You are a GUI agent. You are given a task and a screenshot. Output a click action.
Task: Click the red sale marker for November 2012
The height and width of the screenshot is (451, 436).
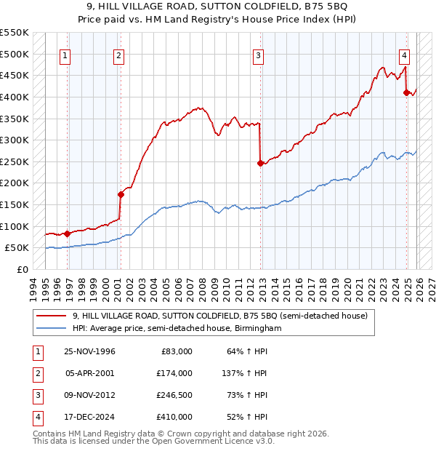click(260, 164)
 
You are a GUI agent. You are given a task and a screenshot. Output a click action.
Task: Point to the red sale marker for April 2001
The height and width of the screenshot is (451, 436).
click(121, 194)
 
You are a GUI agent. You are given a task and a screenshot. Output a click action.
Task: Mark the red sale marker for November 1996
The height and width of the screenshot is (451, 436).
click(68, 234)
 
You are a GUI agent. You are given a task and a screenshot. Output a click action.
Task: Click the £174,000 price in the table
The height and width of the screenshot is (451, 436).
click(174, 373)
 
